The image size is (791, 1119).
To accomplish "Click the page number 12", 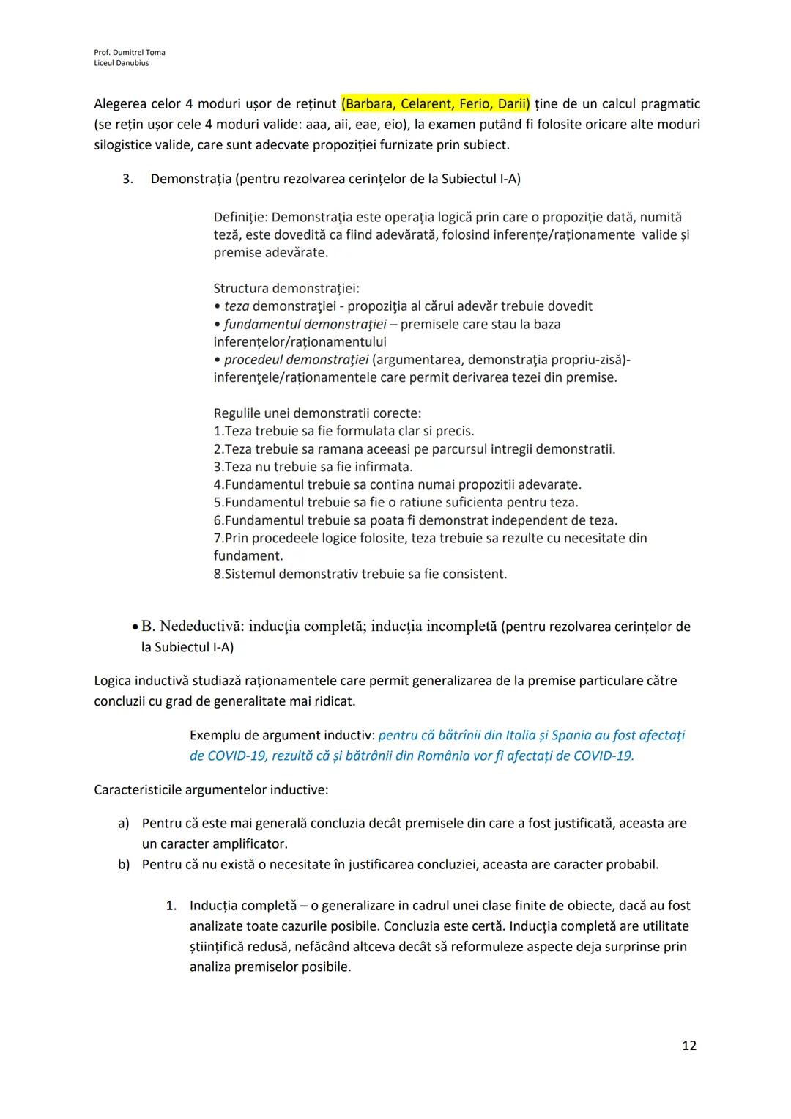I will click(x=688, y=1045).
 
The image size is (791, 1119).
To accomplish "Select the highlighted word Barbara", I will click(x=370, y=104).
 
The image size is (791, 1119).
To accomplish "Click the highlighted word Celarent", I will click(x=426, y=104).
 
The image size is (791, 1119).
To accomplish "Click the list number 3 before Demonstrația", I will click(x=127, y=179).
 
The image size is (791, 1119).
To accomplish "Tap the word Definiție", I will click(x=240, y=218).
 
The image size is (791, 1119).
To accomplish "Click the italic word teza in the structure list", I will click(x=236, y=306).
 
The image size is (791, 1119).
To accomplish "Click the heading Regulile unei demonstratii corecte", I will click(x=317, y=413).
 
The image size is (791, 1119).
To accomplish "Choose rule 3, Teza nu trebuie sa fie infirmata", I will click(x=313, y=467).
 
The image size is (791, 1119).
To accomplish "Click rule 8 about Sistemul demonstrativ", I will click(x=360, y=574).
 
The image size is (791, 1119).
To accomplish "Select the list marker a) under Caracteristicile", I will click(x=124, y=824).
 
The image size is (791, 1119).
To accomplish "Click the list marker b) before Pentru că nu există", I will click(x=124, y=865).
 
